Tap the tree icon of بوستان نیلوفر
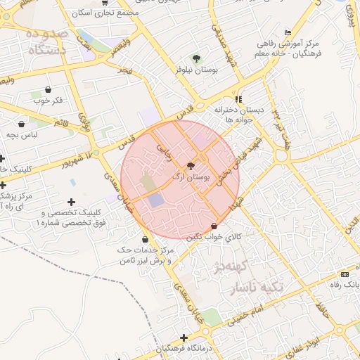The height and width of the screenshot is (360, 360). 195,58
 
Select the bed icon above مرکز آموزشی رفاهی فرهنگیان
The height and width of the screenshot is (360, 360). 288,33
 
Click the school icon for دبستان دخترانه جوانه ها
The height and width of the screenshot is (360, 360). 238,99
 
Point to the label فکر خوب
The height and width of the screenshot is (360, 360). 48,99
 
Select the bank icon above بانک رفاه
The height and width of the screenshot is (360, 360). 345,274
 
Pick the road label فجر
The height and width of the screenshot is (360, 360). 125,71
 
